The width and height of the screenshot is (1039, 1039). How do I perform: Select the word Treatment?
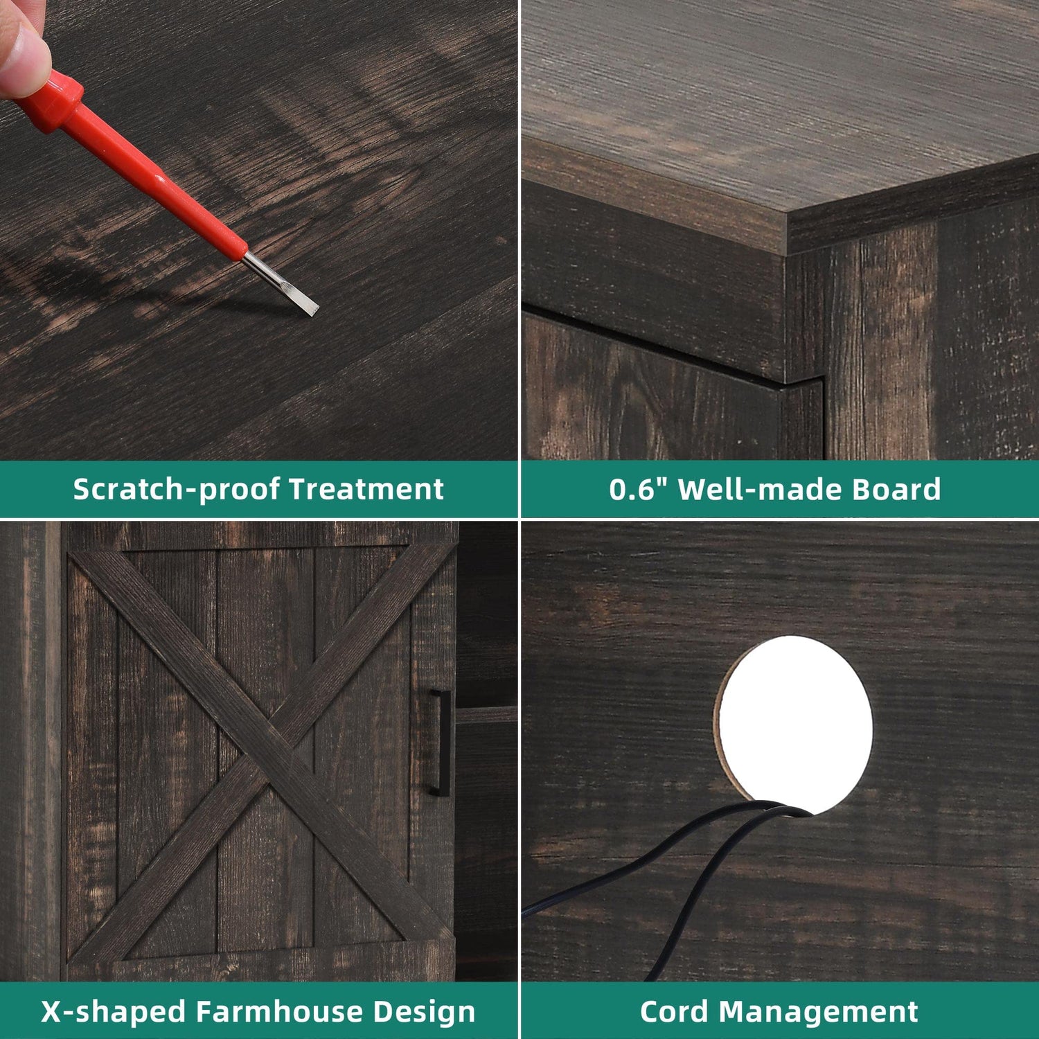pos(366,489)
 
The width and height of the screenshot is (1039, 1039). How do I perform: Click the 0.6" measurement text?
pos(638,488)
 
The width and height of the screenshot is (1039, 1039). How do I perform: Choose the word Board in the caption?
pos(896,489)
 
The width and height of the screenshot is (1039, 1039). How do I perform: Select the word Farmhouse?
pos(281,1012)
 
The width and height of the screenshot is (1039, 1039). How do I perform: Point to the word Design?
pos(425,1012)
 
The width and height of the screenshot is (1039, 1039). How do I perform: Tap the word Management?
pos(819,1012)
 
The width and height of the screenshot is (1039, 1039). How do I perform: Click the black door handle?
pos(439,741)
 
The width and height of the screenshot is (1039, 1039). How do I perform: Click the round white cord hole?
pos(793,724)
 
